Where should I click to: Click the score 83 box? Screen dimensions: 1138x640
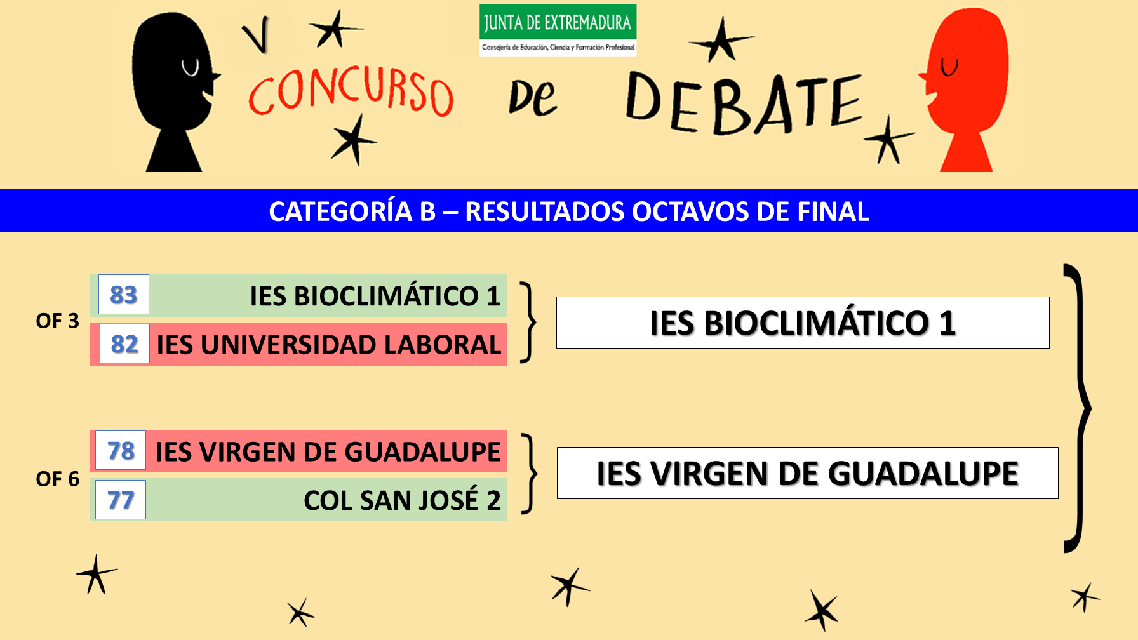(124, 295)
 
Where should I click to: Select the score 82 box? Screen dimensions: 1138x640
(124, 343)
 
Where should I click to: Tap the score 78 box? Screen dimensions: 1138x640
(121, 450)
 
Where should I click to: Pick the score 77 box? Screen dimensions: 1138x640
(121, 500)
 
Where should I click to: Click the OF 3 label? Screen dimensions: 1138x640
(57, 321)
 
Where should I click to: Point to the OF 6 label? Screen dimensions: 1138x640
(57, 479)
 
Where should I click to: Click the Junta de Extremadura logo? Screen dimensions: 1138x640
(558, 30)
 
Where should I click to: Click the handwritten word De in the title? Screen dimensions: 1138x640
(533, 98)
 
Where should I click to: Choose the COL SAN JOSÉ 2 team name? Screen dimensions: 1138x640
(402, 500)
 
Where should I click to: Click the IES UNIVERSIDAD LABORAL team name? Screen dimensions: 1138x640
(329, 345)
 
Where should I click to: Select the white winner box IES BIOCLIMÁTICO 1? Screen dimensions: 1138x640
(803, 323)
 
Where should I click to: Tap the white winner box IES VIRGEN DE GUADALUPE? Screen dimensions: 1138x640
(808, 473)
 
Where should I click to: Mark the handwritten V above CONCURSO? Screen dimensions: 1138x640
(257, 35)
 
